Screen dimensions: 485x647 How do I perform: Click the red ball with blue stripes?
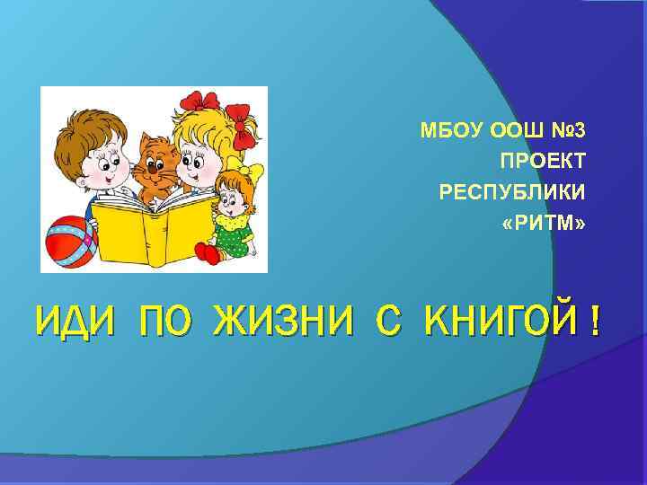pyautogui.click(x=68, y=241)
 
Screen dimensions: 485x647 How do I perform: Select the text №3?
pyautogui.click(x=567, y=131)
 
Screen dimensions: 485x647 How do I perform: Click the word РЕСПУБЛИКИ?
pyautogui.click(x=511, y=192)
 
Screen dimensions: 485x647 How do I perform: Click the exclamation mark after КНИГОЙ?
pyautogui.click(x=595, y=322)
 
